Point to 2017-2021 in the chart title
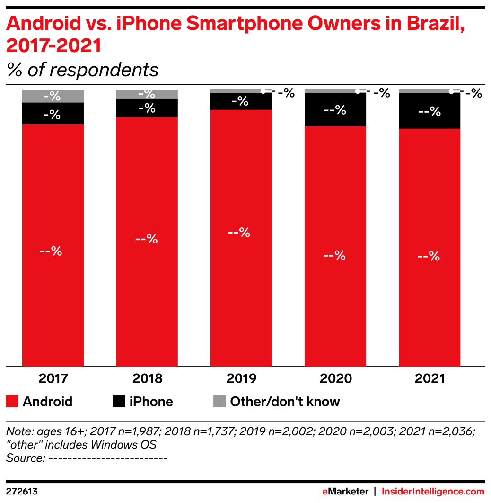coord(53,46)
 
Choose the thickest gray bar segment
coord(53,96)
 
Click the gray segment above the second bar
coord(147,94)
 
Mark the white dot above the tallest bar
coord(263,91)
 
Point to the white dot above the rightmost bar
coord(451,91)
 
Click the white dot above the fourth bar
coord(358,91)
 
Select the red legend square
coord(12,401)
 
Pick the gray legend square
coord(219,401)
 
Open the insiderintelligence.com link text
coord(433,492)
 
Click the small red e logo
coord(325,492)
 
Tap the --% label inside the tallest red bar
coord(239,233)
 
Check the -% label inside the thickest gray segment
coord(52,96)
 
